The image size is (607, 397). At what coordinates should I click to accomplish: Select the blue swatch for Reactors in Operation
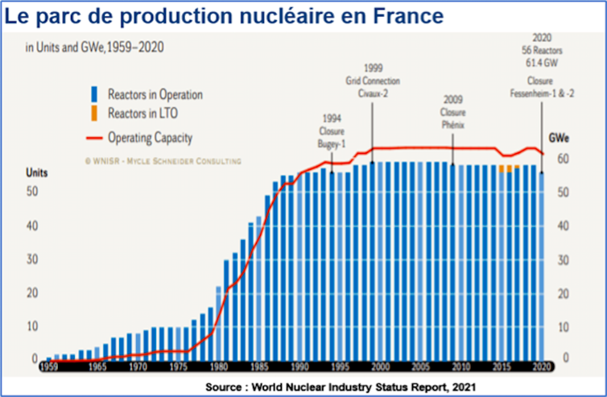point(96,94)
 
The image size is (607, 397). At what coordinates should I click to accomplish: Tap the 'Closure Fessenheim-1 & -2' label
point(541,87)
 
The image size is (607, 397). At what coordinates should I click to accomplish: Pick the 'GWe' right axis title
point(558,138)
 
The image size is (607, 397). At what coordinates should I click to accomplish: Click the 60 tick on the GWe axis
point(566,159)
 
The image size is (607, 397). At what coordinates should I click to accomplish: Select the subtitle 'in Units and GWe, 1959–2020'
point(95,47)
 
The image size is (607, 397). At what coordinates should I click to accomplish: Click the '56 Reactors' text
point(541,49)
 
